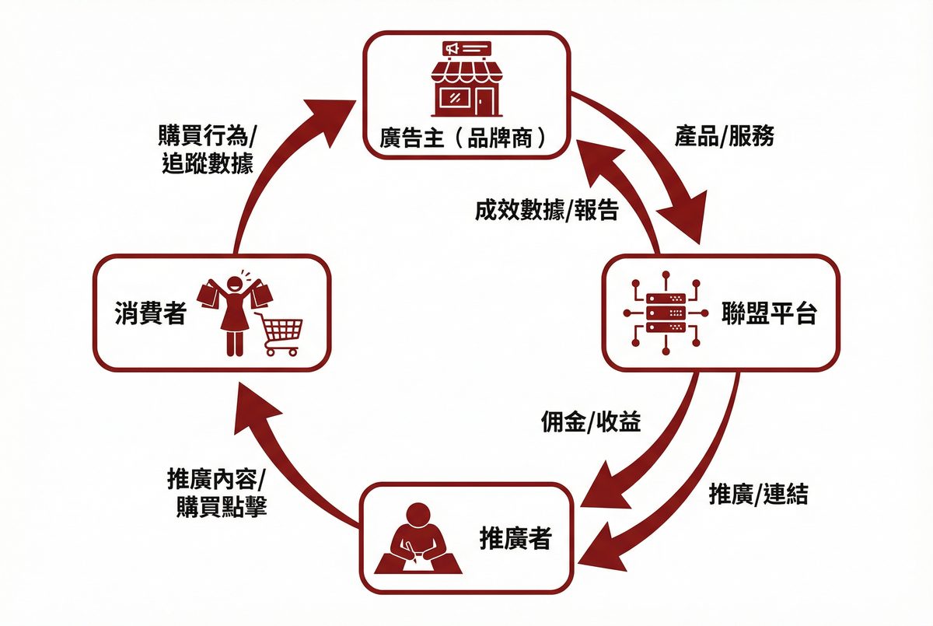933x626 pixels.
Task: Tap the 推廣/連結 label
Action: pos(758,494)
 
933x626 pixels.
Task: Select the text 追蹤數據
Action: pos(208,164)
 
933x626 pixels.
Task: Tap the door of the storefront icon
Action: pos(485,101)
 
